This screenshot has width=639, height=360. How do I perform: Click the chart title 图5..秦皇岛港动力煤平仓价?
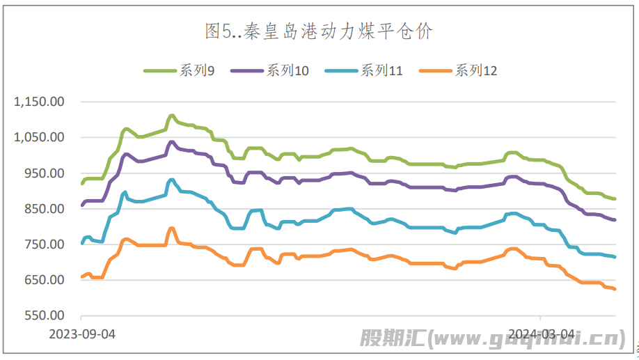coord(319,31)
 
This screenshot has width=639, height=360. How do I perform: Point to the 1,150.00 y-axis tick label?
coord(39,102)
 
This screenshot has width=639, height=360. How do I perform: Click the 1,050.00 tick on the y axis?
coord(39,137)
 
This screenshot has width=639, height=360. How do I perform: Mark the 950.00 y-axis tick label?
coord(44,173)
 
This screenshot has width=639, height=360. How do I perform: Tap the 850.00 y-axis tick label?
coord(44,208)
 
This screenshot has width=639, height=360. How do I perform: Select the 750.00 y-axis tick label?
coord(44,244)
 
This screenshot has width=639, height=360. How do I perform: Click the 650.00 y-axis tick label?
coord(44,280)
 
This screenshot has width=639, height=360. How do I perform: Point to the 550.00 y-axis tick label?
coord(44,315)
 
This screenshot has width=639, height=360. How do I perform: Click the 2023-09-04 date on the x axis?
coord(82,334)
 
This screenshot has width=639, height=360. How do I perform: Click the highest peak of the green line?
coord(171,116)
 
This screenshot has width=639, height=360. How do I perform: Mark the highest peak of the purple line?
coord(171,142)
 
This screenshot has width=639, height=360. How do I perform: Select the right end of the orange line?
coord(615,289)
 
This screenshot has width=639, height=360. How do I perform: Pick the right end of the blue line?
coord(615,257)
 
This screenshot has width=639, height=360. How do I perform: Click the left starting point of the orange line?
coord(82,276)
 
